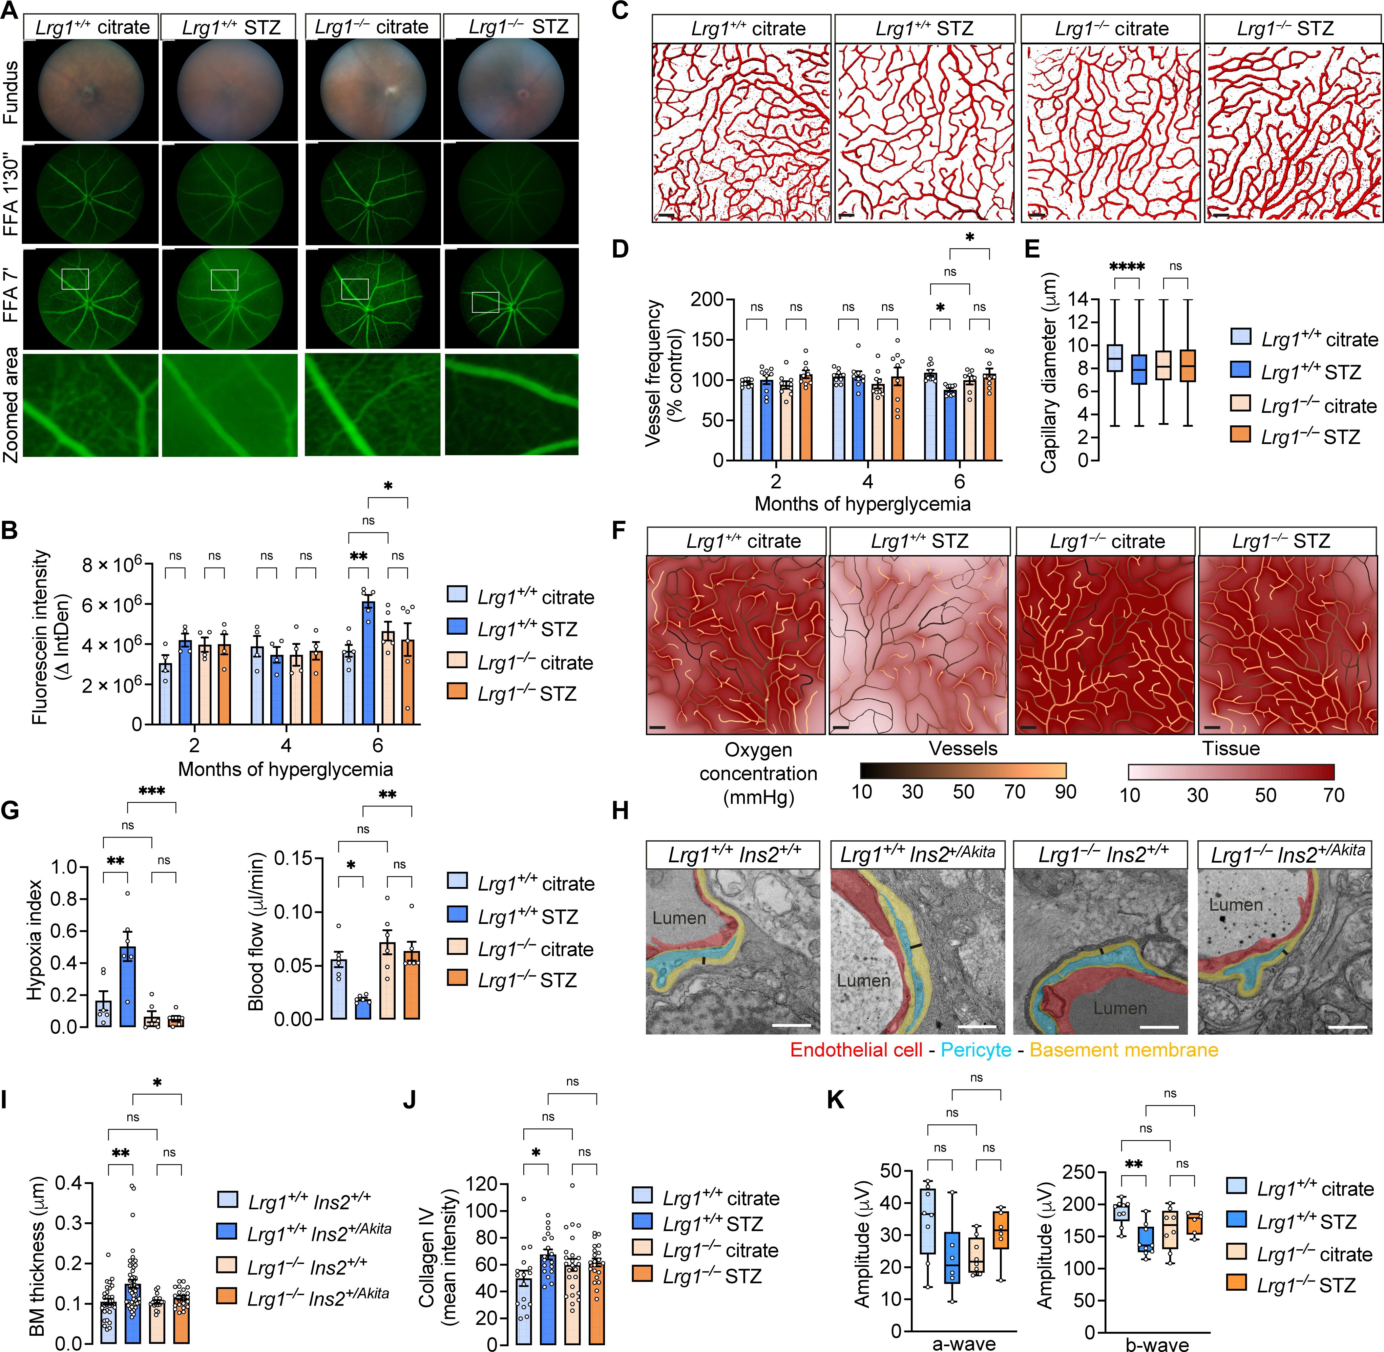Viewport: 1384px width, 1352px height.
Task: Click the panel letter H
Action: coord(620,810)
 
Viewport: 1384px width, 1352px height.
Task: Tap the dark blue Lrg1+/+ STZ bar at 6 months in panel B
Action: coord(368,663)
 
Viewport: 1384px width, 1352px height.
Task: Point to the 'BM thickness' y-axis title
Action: coord(39,1255)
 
